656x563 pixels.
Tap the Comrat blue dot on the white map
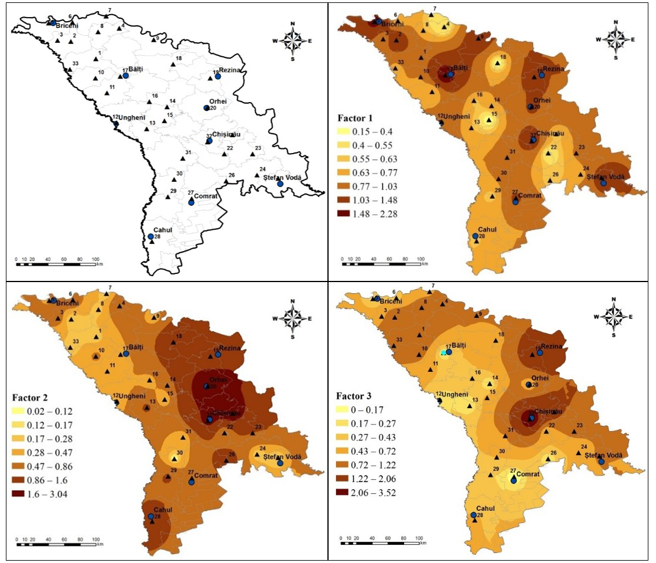point(192,202)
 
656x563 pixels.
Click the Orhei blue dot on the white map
point(206,108)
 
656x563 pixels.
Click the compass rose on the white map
point(291,39)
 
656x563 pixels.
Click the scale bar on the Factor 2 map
point(57,544)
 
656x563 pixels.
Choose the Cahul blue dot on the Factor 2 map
point(151,517)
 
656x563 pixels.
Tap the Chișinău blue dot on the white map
point(209,141)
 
